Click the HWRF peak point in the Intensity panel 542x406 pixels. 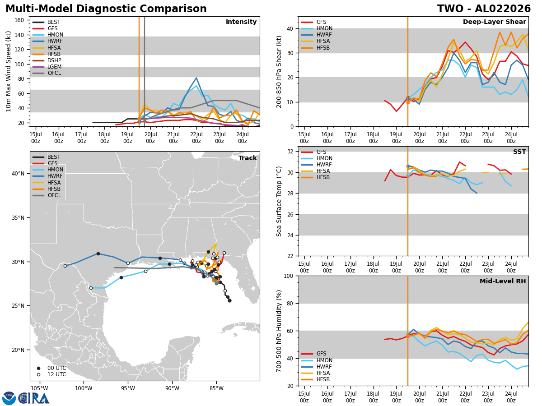196,78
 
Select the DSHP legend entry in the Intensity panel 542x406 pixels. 47,60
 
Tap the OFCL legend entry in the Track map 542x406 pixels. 47,195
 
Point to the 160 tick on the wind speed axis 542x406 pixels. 19,20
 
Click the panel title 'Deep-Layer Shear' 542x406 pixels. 494,22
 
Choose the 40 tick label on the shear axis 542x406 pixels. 290,28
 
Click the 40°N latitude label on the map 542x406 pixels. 18,174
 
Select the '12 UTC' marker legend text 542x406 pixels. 56,374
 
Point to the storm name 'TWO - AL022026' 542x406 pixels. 484,9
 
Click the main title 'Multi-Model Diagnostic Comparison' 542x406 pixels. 106,9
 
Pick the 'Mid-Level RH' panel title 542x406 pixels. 503,281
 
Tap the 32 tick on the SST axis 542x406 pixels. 290,152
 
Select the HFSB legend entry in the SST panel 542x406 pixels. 316,177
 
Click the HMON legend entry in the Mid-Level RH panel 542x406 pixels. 317,360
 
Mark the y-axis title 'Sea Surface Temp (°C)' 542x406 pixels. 279,201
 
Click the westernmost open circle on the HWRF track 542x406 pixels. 65,266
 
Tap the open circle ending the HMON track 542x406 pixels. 91,288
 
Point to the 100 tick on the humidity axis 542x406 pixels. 288,276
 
